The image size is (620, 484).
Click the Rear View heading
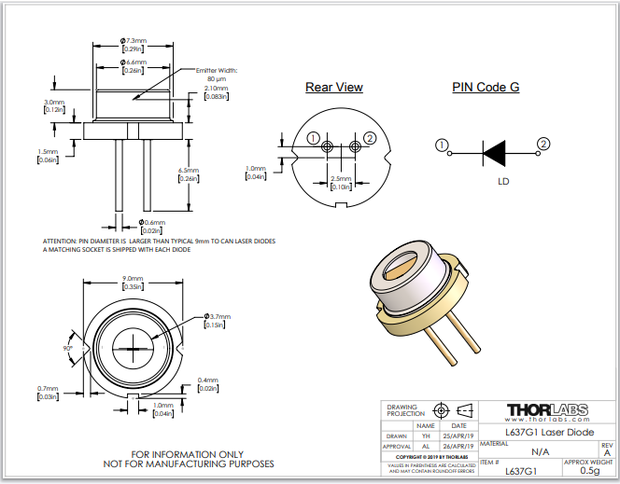334,88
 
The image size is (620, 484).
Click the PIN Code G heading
486,88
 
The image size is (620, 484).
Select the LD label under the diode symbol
502,180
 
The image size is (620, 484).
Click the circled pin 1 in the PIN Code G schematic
442,145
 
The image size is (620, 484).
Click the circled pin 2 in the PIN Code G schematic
542,143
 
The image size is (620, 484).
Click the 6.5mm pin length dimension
213,171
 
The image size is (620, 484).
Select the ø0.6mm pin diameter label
151,222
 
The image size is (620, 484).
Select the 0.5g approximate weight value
588,471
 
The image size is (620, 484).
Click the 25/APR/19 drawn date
463,436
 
